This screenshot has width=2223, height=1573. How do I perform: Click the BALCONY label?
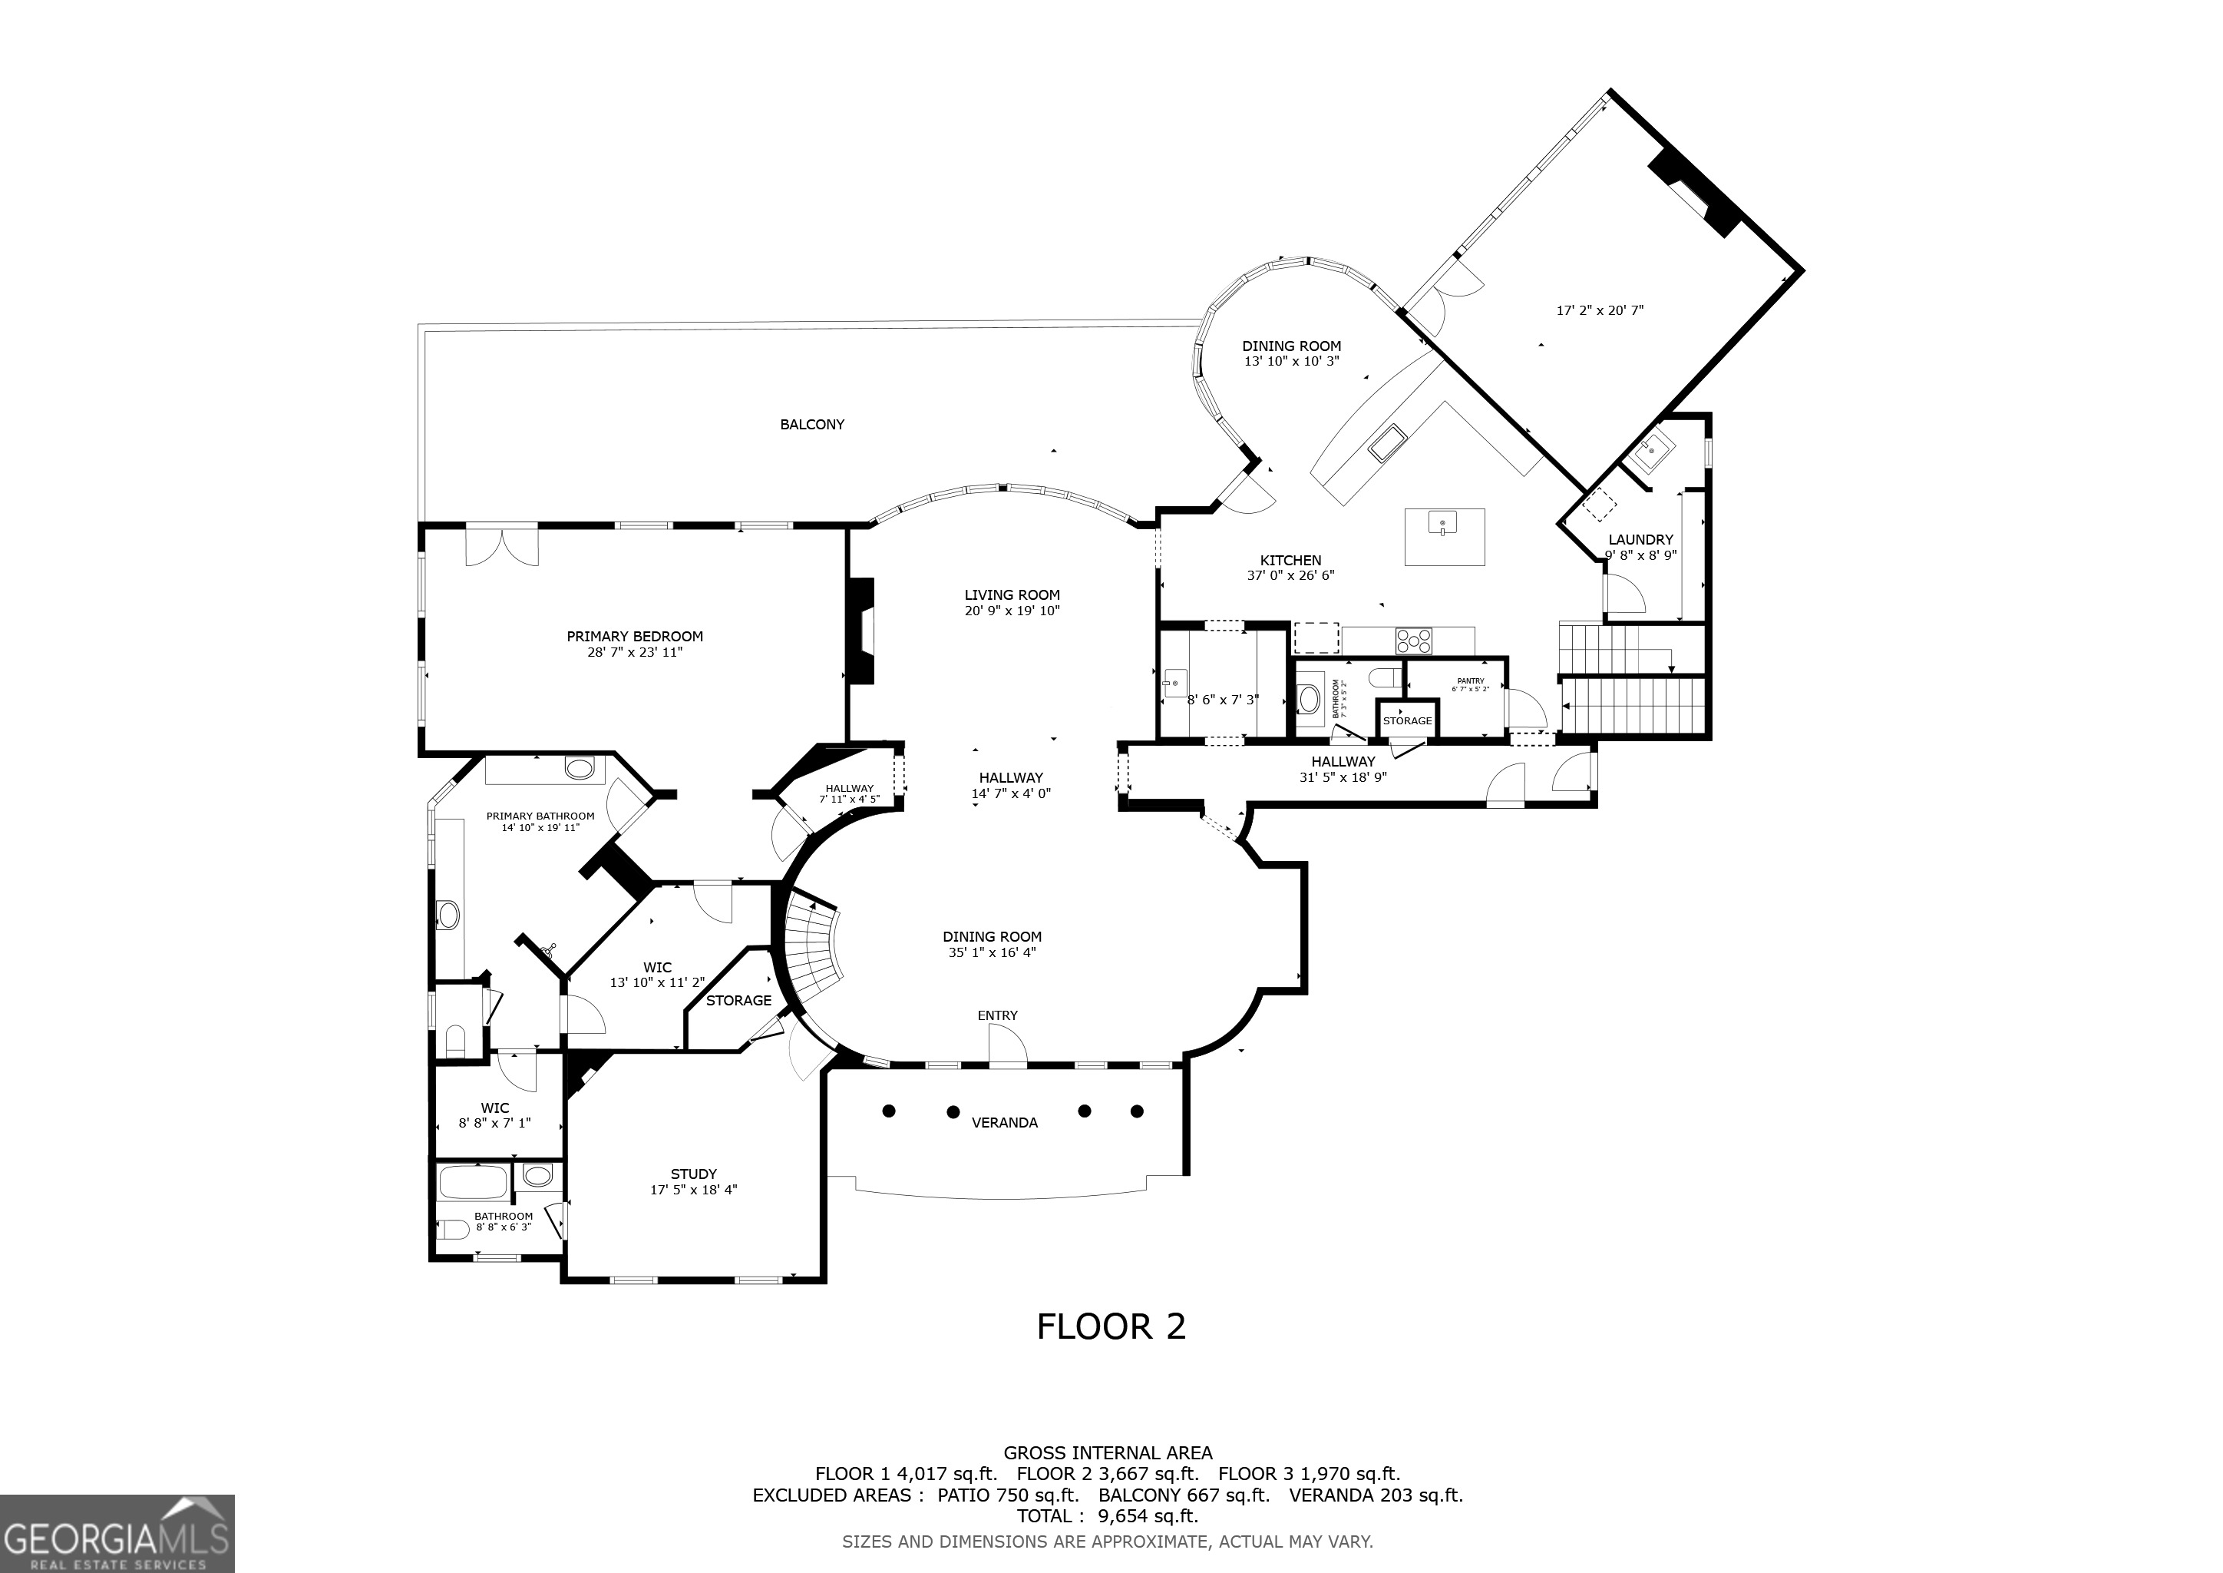[811, 424]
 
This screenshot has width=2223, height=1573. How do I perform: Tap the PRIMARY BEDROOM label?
[634, 637]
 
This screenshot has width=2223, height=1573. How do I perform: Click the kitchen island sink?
[1442, 524]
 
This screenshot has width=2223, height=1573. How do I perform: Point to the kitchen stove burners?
[1414, 641]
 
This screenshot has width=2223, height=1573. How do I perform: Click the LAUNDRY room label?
[1640, 539]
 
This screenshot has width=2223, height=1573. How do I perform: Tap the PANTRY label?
[1470, 681]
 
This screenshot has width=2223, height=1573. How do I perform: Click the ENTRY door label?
[997, 1015]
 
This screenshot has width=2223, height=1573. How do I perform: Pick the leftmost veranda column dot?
[889, 1111]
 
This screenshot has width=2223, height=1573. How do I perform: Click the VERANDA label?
[1004, 1123]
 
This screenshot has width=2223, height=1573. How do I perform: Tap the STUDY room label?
[693, 1174]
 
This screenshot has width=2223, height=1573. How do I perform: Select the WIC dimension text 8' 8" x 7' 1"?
[495, 1124]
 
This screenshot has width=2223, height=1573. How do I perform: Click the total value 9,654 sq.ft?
[1148, 1516]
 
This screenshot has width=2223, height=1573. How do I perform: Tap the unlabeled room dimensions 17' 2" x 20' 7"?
[1600, 311]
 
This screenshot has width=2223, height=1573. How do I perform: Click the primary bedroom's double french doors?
[500, 545]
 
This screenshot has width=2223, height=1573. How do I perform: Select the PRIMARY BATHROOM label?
[540, 816]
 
